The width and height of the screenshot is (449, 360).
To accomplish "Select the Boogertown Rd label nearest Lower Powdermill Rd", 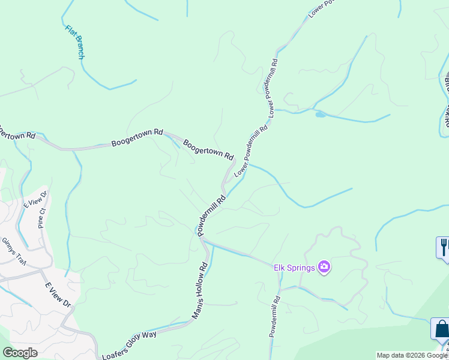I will click(208, 149).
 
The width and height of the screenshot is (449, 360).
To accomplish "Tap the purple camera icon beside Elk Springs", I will click(325, 266).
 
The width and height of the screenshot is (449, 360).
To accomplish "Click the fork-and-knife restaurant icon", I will click(444, 247).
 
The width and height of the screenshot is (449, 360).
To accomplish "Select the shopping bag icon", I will click(441, 329).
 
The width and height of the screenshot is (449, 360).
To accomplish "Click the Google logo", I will click(19, 353).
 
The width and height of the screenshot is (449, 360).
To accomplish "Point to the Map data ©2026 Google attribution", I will click(412, 355).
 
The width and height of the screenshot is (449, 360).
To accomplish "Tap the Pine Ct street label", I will click(41, 218).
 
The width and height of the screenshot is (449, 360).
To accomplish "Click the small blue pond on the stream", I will click(320, 114).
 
